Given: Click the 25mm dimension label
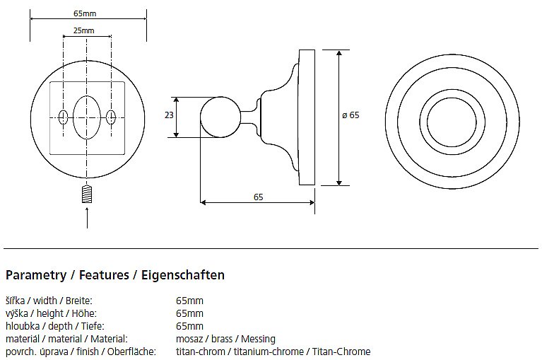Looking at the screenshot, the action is (x=83, y=30).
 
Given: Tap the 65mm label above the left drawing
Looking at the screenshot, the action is (x=85, y=13).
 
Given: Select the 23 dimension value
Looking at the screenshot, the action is (x=169, y=115).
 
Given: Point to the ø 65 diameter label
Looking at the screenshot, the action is (x=350, y=115).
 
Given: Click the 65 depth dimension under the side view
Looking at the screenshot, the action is (x=258, y=197).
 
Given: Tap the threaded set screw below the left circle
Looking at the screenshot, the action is (x=87, y=194).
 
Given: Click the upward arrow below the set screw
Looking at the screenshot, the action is (x=87, y=218).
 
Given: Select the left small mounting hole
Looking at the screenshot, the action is (x=63, y=117).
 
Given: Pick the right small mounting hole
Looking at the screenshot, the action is (x=111, y=117).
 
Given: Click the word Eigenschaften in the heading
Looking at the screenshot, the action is (x=183, y=275).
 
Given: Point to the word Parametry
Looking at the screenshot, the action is (x=36, y=276).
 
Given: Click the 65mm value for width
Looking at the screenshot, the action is (x=189, y=301).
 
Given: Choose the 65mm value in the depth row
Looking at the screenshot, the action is (x=189, y=326).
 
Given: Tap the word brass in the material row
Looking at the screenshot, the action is (x=222, y=339).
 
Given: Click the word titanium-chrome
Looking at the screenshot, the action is (x=269, y=352).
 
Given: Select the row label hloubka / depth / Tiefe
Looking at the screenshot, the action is (x=55, y=326).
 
